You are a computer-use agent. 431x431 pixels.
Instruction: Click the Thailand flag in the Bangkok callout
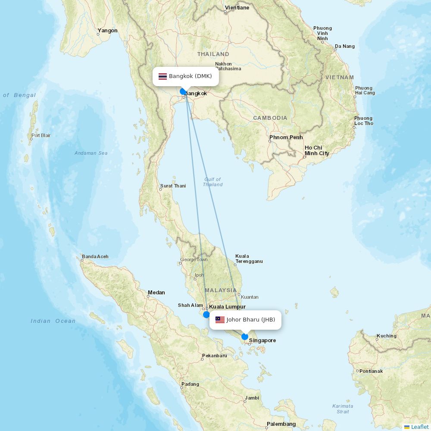[x=162, y=76]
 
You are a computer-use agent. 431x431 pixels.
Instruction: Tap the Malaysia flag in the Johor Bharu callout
[x=220, y=320]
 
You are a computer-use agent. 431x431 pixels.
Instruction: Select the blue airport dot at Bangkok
[x=183, y=91]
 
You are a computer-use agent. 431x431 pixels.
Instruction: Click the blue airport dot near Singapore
[x=245, y=337]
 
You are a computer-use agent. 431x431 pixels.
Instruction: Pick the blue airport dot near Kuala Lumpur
[x=206, y=315]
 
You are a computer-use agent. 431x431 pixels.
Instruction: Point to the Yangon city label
[x=107, y=31]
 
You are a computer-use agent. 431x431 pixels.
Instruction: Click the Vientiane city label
[x=237, y=8]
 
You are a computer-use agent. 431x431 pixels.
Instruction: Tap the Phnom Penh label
[x=286, y=137]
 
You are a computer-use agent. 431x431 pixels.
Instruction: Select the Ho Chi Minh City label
[x=317, y=150]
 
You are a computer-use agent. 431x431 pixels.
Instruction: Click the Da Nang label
[x=345, y=46]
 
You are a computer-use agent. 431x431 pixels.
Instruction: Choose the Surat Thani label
[x=173, y=186]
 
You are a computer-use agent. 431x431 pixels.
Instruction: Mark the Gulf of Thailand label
[x=212, y=182]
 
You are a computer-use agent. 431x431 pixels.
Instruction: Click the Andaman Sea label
[x=91, y=153]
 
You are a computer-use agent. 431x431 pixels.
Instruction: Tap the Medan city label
[x=156, y=293]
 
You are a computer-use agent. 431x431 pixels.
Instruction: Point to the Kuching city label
[x=387, y=336]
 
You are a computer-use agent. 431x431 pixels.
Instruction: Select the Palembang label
[x=281, y=424]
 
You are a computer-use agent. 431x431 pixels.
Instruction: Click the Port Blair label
[x=41, y=135]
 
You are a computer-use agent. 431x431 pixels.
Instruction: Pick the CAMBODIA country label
[x=270, y=118]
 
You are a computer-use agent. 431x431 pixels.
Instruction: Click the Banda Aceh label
[x=95, y=256]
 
